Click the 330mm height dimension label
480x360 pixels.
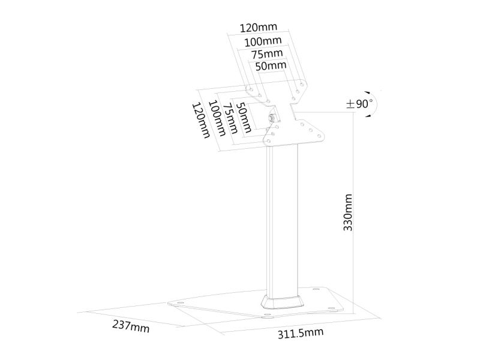[x=348, y=212]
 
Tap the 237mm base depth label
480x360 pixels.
[x=131, y=326]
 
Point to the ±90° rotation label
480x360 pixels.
[x=359, y=104]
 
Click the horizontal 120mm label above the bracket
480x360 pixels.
[x=258, y=28]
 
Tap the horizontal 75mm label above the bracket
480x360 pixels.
[x=267, y=54]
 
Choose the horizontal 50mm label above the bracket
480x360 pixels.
[x=271, y=66]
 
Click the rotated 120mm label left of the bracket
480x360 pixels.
[x=201, y=121]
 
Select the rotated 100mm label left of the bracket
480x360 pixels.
[x=217, y=118]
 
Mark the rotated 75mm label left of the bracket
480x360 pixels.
[x=230, y=118]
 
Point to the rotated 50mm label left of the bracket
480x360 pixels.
[x=244, y=117]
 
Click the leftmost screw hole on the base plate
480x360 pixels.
[x=179, y=303]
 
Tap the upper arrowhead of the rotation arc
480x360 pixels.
[x=367, y=92]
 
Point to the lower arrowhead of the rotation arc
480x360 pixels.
[x=368, y=116]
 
